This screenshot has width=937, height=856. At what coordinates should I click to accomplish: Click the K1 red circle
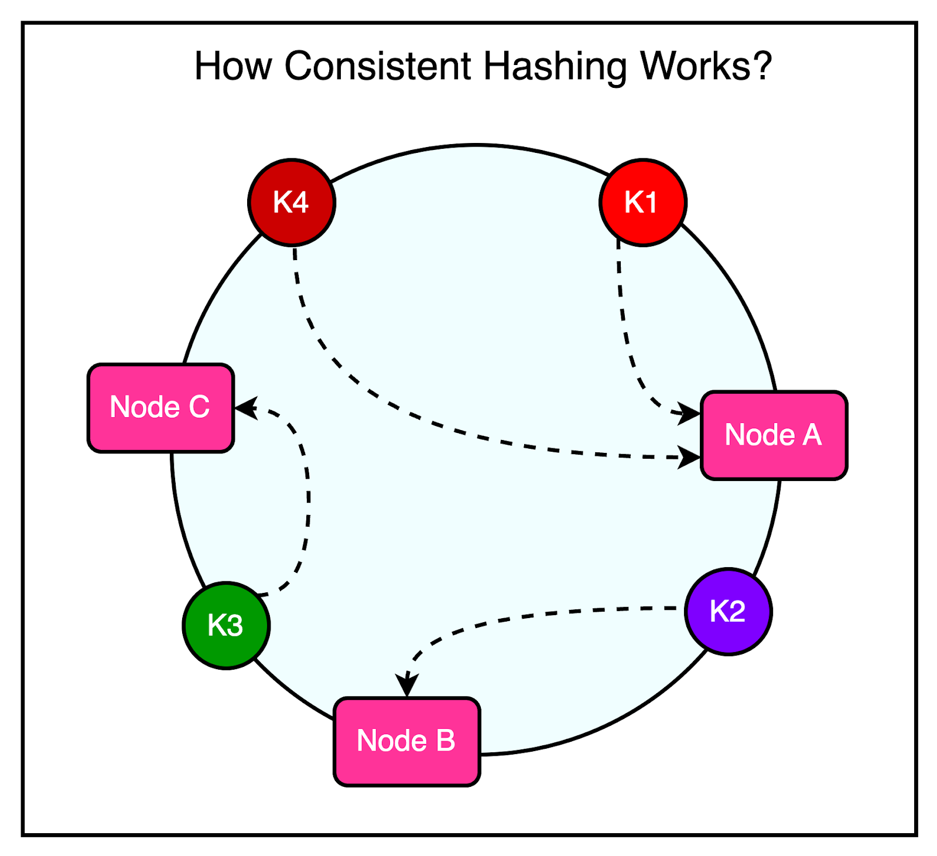(643, 202)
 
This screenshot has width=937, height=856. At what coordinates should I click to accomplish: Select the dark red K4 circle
(292, 202)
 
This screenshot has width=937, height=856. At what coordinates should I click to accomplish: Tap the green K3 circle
(226, 625)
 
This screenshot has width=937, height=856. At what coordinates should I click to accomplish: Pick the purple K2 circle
(728, 611)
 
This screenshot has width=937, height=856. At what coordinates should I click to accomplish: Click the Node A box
(774, 435)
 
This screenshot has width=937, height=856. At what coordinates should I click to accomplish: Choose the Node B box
(406, 741)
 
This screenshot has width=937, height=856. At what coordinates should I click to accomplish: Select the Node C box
(160, 408)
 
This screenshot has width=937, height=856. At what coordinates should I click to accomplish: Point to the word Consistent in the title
(378, 66)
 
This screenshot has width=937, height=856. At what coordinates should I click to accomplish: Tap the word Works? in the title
(706, 66)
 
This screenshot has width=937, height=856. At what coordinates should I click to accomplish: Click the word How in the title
(233, 66)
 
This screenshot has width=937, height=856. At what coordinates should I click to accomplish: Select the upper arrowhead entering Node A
(688, 412)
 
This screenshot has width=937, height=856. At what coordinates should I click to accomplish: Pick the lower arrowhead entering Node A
(688, 457)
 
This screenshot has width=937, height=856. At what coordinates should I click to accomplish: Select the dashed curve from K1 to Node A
(625, 328)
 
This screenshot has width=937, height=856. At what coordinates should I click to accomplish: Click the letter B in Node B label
(446, 741)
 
